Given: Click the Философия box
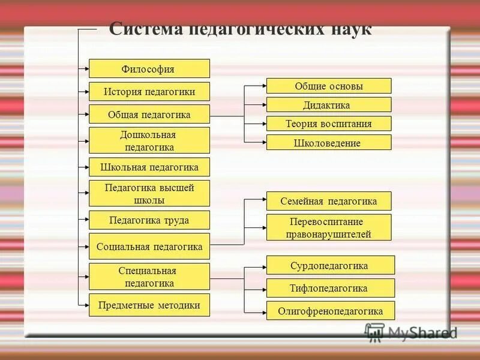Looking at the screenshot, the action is tap(149, 68).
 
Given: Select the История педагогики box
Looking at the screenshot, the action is tap(149, 91).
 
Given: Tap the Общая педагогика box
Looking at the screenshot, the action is tap(149, 114).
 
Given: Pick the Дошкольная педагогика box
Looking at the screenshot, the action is tap(149, 140).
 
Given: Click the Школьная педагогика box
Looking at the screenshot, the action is tap(149, 166).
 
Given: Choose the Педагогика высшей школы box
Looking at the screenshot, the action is tap(149, 193).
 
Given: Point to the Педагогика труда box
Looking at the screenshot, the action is tap(149, 220).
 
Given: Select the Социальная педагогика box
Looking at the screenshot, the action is tap(149, 246).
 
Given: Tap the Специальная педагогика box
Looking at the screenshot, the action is tap(149, 277).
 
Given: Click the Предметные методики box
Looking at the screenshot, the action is tap(149, 305).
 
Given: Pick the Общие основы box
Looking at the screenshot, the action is tap(329, 86).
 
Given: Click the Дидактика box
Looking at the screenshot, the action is tap(329, 105).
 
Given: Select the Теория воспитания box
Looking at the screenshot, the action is tap(329, 124).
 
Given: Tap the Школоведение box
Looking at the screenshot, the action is tap(329, 143).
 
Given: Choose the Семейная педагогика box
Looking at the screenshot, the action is tap(329, 200).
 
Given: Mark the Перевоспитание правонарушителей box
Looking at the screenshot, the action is tap(329, 227).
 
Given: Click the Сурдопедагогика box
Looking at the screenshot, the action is tap(330, 265).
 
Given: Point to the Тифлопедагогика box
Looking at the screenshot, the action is tap(330, 288).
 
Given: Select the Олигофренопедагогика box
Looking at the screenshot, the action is tap(330, 311).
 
